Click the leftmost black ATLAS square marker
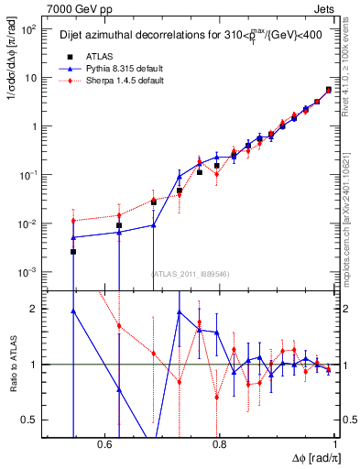(73, 251)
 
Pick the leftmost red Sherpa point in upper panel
(73, 221)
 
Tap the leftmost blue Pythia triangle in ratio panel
(73, 311)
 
